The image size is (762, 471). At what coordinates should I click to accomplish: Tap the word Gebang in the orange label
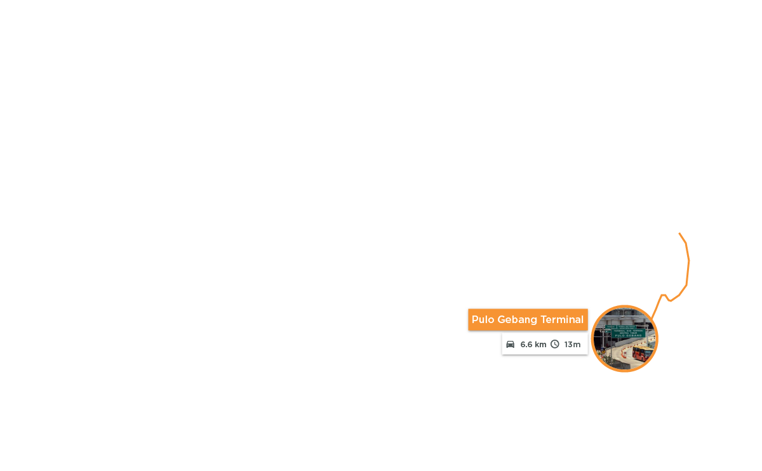click(516, 320)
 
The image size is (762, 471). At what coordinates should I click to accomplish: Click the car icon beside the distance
click(510, 344)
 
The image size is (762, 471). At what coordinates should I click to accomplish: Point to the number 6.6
click(527, 344)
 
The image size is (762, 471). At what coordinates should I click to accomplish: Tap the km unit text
click(540, 344)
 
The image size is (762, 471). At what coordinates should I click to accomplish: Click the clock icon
click(554, 344)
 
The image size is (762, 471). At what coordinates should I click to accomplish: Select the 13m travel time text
click(572, 344)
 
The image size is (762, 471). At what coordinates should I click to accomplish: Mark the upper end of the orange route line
click(679, 234)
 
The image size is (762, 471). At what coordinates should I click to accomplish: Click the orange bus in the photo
click(643, 353)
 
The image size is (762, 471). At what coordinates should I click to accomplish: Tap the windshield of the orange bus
click(648, 353)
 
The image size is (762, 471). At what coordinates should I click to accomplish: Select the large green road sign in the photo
click(628, 333)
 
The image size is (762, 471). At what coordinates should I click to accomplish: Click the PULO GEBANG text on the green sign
click(628, 335)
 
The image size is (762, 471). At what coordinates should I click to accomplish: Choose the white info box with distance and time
click(544, 344)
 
